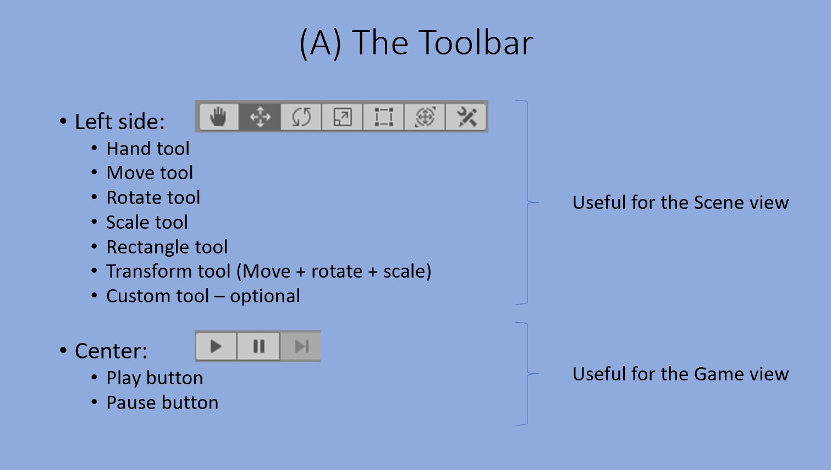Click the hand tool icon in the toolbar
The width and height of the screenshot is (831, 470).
tap(219, 117)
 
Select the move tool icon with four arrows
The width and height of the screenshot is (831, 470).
tap(260, 117)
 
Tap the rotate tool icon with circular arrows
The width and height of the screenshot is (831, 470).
tap(301, 117)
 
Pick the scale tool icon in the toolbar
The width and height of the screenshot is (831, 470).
tap(343, 117)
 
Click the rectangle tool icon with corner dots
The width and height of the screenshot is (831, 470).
tap(383, 117)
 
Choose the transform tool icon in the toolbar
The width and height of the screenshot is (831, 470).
tap(425, 117)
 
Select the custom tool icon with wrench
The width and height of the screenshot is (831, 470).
tap(466, 117)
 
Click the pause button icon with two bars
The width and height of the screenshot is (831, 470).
tap(258, 346)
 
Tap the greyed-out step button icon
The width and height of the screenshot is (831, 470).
tap(301, 346)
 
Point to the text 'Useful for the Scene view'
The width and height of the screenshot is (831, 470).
tap(680, 203)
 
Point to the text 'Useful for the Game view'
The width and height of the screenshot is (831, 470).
tap(680, 374)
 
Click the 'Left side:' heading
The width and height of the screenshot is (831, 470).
tap(119, 122)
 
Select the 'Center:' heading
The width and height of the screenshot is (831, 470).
tap(111, 351)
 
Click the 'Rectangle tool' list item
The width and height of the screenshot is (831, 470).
tap(167, 247)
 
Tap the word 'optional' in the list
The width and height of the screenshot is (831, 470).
tap(265, 296)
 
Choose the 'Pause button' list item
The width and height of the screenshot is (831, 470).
tap(162, 403)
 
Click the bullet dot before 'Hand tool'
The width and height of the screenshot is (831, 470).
tap(95, 148)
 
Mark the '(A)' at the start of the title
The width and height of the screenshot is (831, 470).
tap(320, 43)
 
